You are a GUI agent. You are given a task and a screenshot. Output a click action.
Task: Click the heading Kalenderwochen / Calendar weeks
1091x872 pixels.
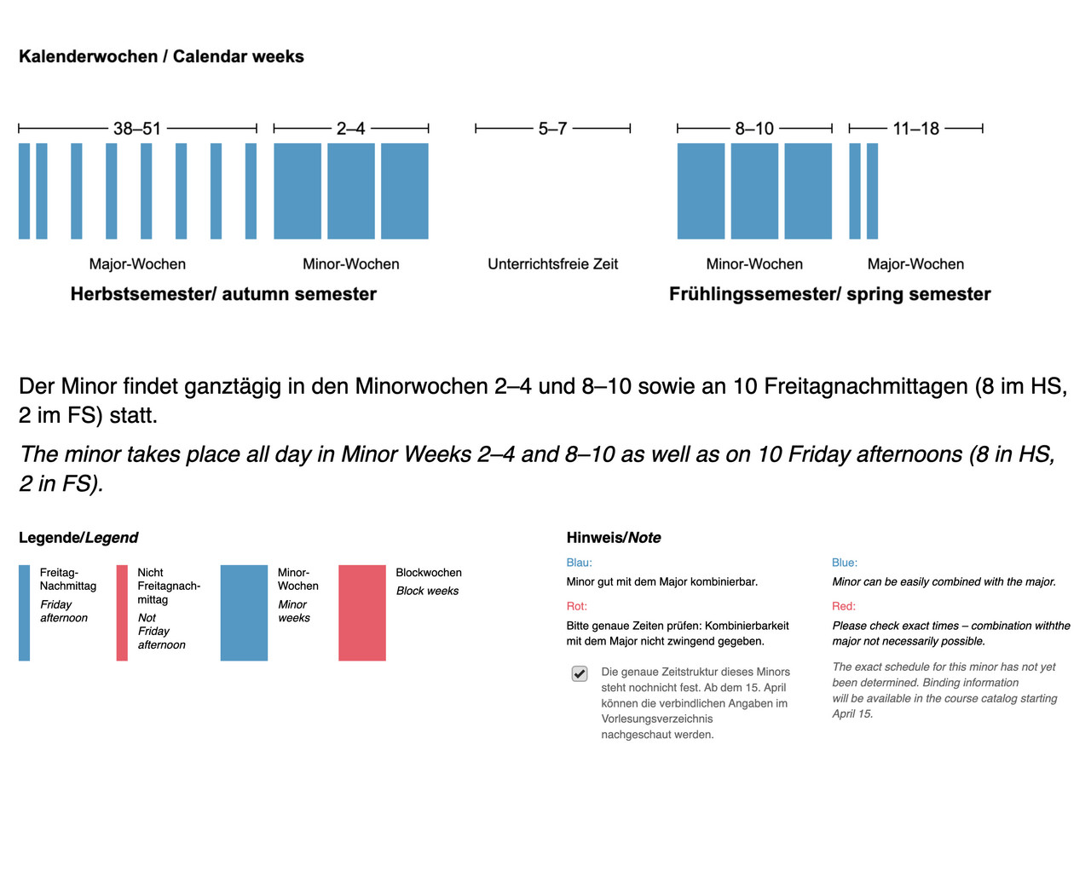click(x=161, y=56)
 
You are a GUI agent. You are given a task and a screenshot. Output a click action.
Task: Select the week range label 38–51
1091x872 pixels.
click(x=137, y=129)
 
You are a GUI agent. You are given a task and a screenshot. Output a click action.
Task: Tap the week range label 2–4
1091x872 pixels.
click(x=350, y=129)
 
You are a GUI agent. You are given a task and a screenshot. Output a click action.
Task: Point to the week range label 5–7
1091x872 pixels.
click(x=552, y=129)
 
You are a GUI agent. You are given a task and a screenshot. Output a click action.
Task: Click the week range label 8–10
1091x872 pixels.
click(x=754, y=129)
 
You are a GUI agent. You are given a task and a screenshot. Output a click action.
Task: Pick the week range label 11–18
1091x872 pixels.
click(x=915, y=129)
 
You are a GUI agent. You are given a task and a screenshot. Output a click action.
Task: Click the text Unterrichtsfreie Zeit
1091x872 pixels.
click(x=552, y=264)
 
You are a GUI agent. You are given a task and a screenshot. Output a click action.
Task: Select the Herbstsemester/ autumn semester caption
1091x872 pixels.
click(x=223, y=294)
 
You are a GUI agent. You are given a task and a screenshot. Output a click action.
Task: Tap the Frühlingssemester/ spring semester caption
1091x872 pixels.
click(x=829, y=294)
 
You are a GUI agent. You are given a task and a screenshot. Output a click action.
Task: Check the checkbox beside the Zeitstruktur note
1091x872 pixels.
click(x=580, y=673)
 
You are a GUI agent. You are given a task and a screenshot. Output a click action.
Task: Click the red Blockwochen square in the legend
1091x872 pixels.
click(x=362, y=613)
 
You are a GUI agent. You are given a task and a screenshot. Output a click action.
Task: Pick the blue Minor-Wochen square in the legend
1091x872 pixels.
click(x=244, y=613)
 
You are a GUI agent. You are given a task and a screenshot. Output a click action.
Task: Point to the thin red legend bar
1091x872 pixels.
click(x=122, y=613)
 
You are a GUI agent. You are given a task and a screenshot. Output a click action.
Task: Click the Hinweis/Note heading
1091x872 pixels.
click(x=614, y=538)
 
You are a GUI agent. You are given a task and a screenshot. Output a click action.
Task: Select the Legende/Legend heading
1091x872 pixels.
click(x=78, y=538)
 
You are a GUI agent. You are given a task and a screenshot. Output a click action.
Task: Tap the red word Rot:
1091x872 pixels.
click(x=576, y=606)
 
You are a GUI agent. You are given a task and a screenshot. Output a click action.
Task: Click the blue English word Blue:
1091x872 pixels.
click(x=844, y=563)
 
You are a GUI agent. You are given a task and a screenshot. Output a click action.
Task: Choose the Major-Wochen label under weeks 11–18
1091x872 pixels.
click(x=915, y=264)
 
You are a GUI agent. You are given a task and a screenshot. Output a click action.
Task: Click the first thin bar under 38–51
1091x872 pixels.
click(x=24, y=191)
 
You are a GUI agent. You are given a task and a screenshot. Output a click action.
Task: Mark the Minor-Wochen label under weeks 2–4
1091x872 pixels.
click(x=350, y=264)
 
